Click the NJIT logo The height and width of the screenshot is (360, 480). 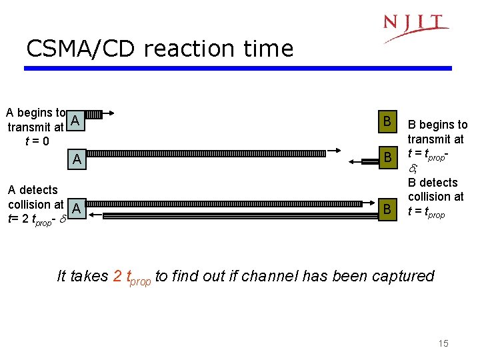tap(415, 27)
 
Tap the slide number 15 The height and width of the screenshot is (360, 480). tap(443, 343)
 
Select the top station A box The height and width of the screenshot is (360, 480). tap(76, 121)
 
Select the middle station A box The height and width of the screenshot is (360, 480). tap(77, 159)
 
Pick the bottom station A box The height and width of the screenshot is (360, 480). tap(77, 209)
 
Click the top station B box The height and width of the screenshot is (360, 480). tap(386, 121)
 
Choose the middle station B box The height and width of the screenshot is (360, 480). tap(386, 158)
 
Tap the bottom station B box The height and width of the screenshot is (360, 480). tap(386, 210)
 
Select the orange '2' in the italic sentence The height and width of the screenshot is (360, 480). tap(118, 276)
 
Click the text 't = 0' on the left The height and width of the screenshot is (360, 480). tap(36, 141)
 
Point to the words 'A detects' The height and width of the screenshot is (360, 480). tap(33, 190)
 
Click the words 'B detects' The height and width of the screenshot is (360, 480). tap(433, 183)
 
